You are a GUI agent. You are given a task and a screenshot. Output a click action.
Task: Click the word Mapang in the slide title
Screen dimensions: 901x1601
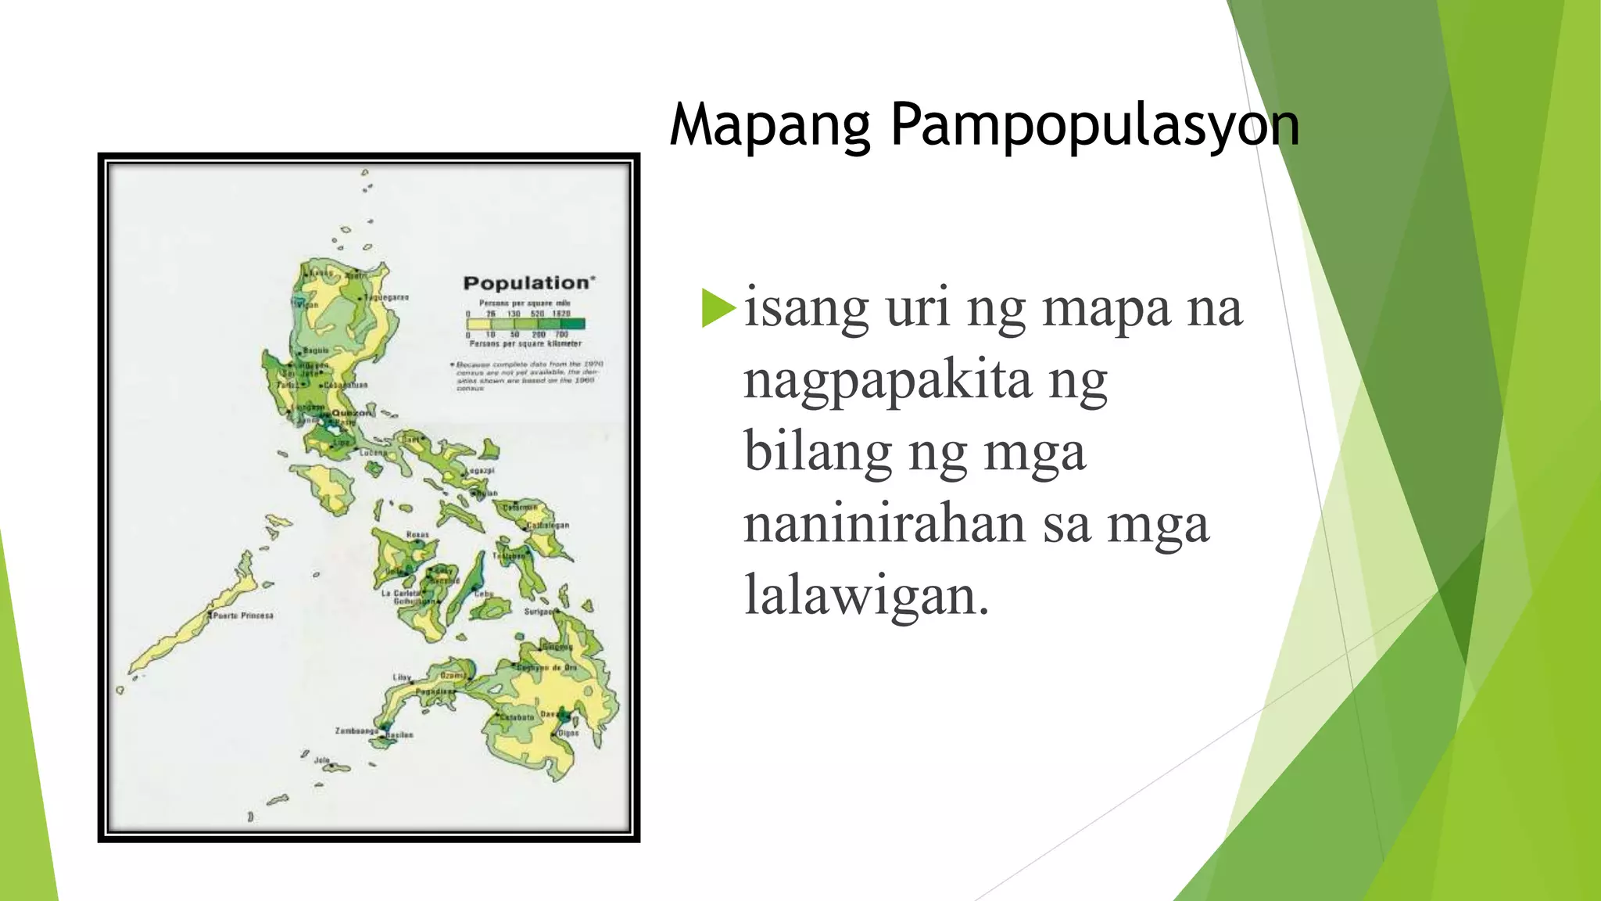tap(770, 125)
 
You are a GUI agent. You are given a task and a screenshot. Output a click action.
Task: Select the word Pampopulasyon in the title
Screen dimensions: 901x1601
tap(1094, 125)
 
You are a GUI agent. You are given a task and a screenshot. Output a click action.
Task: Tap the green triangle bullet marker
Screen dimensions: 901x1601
tap(718, 308)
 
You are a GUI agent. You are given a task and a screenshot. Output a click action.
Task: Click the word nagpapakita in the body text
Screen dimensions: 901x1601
tap(888, 381)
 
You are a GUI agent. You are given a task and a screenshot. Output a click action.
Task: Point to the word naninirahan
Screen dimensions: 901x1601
tap(884, 524)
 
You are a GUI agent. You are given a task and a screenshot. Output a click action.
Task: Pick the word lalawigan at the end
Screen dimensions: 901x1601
tap(866, 596)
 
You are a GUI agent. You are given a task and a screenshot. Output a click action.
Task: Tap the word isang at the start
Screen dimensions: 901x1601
tap(806, 308)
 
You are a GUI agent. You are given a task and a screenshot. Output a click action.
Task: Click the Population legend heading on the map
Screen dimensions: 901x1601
tap(528, 283)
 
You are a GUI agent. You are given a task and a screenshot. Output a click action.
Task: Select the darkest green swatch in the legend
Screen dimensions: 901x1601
tap(573, 323)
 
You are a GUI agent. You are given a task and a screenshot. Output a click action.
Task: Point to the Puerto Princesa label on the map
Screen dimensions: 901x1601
tap(244, 616)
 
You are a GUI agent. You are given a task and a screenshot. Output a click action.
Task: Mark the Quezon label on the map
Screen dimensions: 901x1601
tap(352, 413)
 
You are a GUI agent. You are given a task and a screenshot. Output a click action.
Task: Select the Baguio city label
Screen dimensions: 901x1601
tap(316, 350)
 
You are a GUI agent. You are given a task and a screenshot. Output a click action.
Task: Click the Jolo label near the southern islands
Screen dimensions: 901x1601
tap(322, 759)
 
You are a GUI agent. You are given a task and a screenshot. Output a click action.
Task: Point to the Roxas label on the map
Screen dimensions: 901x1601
tap(417, 535)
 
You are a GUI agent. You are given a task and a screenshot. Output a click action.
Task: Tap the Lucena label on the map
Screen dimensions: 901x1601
tap(372, 452)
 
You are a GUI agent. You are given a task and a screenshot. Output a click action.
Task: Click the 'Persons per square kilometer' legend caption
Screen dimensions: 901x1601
tap(525, 343)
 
